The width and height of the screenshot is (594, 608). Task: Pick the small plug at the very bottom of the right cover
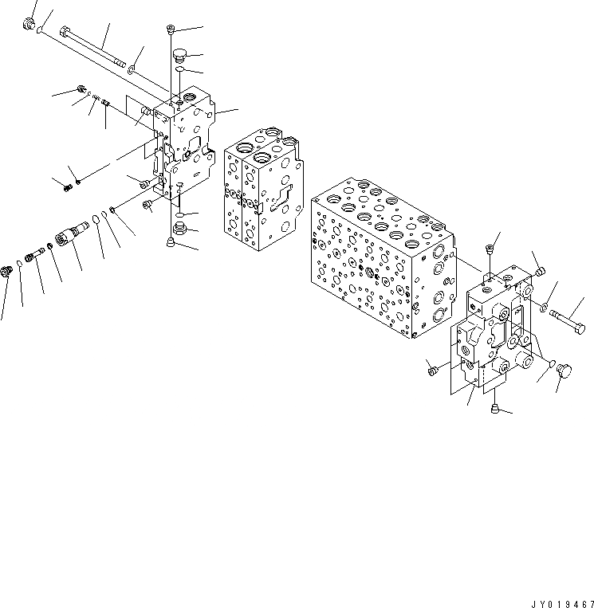click(496, 410)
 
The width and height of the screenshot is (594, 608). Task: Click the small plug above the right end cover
click(489, 252)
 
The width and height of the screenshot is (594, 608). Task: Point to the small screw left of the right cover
click(432, 370)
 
